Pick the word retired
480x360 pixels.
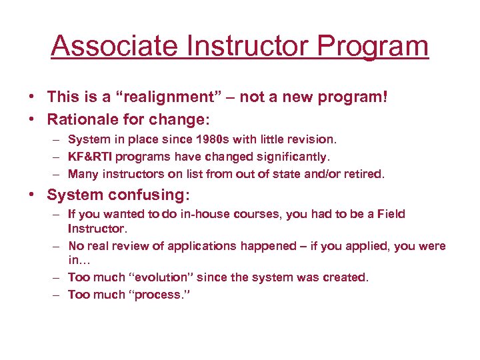pos(363,173)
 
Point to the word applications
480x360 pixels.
pos(202,246)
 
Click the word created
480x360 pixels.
pos(347,277)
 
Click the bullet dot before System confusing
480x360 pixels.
pos(31,195)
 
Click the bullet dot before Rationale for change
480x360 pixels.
pos(31,119)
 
